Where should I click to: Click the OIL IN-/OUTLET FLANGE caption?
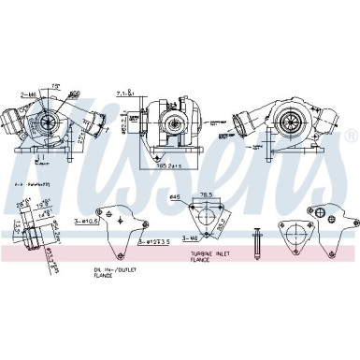click(x=111, y=273)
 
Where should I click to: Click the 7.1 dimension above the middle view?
click(x=148, y=94)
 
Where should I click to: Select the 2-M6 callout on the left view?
click(x=27, y=94)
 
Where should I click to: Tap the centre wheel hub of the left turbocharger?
click(x=46, y=122)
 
